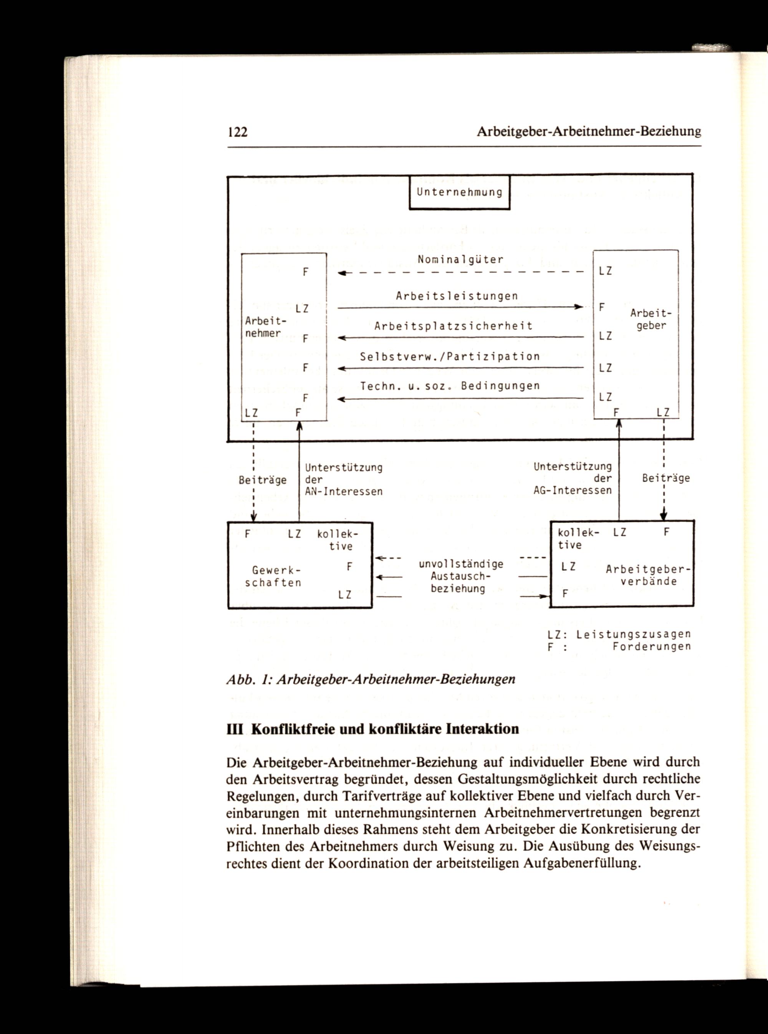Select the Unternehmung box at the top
459,192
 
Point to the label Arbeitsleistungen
457,296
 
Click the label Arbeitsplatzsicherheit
453,326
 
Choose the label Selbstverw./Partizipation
450,356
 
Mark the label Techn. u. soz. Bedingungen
450,386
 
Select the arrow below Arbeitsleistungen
460,307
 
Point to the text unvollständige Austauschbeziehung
461,577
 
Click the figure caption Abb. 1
371,679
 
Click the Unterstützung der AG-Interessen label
573,479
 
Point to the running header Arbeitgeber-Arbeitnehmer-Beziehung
589,132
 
